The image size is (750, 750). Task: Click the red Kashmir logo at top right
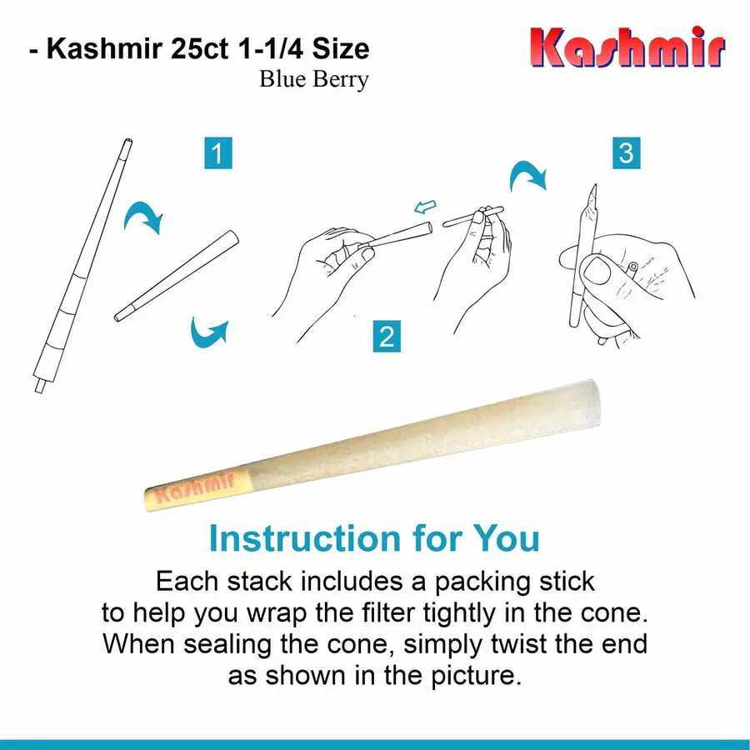click(627, 47)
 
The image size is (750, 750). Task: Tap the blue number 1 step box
click(218, 153)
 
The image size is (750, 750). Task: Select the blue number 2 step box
click(387, 337)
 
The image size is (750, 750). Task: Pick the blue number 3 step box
click(626, 153)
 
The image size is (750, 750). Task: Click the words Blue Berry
click(314, 79)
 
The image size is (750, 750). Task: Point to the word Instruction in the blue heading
click(305, 538)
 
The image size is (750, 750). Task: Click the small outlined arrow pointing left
click(425, 207)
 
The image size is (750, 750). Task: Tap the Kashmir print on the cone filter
click(195, 488)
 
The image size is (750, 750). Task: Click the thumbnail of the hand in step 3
click(597, 271)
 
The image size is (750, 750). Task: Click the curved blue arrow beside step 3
click(527, 175)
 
